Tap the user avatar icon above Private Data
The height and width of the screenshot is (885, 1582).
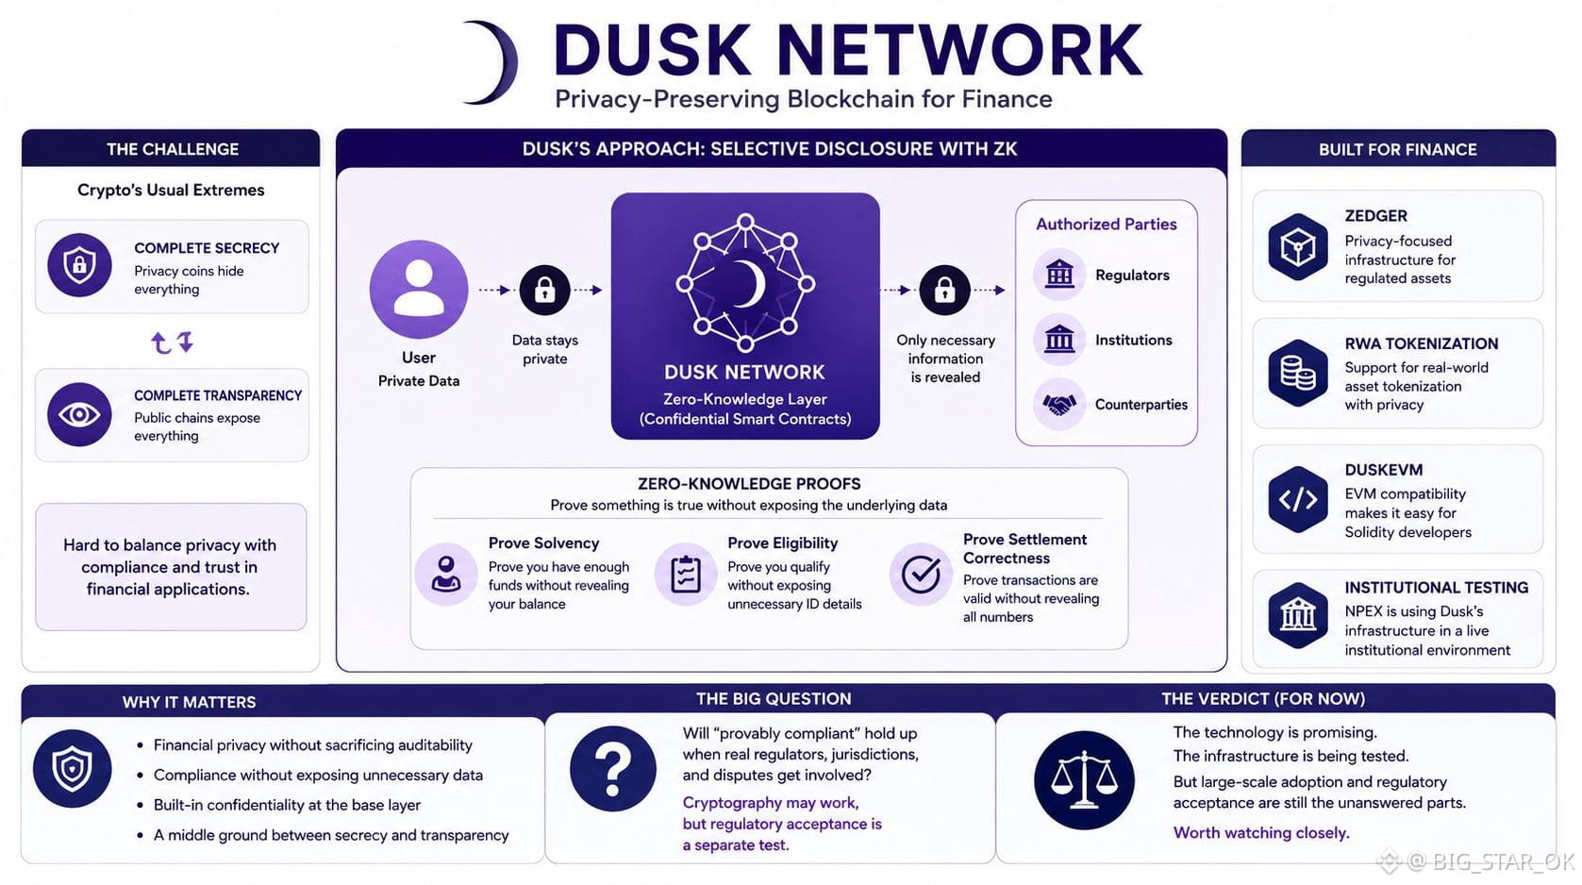coord(419,290)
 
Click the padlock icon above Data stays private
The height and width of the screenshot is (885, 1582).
coord(544,290)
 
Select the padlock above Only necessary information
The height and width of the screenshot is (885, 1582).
coord(945,290)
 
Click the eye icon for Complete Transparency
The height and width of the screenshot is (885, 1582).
coord(79,414)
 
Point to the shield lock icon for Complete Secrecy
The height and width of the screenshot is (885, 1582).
coord(79,265)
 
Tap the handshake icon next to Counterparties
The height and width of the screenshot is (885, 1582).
coord(1058,404)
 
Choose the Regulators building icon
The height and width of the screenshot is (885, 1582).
coord(1058,274)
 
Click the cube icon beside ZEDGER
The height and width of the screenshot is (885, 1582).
coord(1298,247)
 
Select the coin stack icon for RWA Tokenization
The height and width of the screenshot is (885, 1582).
coord(1298,373)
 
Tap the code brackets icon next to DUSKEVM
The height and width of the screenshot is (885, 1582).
coord(1298,499)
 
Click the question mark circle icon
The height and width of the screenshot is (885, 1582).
coord(612,768)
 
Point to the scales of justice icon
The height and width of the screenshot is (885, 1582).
coord(1084,779)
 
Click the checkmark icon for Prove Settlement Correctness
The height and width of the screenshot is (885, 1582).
coord(921,574)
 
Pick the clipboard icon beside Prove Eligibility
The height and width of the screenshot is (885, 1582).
coord(685,574)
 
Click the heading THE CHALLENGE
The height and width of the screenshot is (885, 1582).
coord(173,149)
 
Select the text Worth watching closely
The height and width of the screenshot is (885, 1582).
coord(1261,833)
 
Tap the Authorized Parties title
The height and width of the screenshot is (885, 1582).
coord(1106,224)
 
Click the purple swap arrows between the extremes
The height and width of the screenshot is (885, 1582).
coord(173,342)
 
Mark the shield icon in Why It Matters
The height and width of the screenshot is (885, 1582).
coord(72,768)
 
